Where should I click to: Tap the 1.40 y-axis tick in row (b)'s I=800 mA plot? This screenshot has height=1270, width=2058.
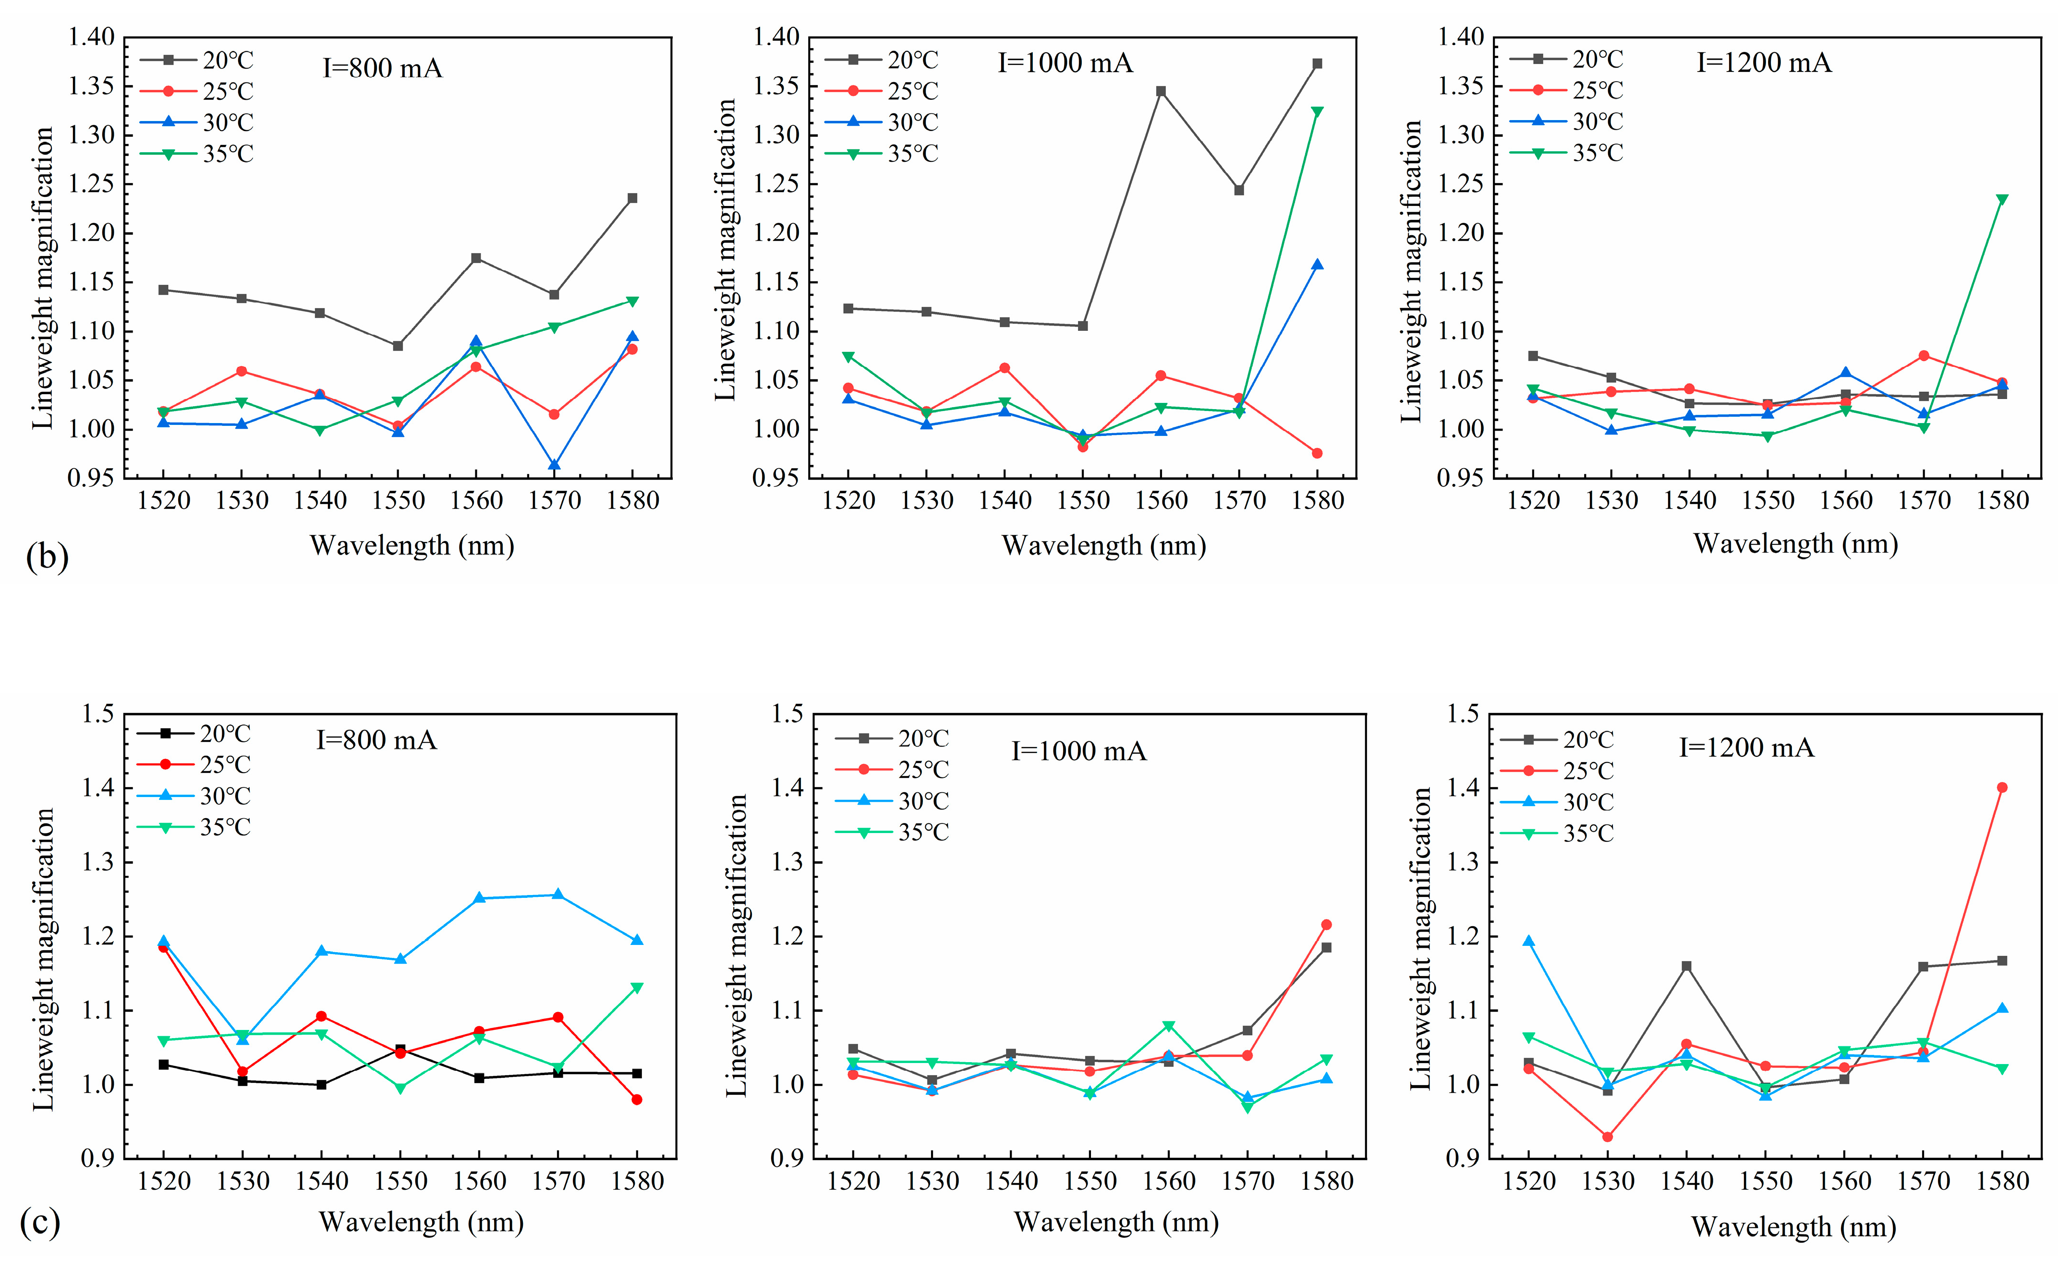(91, 37)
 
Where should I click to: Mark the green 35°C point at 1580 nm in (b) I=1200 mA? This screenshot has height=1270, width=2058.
(2002, 200)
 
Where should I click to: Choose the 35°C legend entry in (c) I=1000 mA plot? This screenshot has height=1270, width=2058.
(892, 833)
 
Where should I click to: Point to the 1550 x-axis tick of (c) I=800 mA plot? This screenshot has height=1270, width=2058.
(400, 1182)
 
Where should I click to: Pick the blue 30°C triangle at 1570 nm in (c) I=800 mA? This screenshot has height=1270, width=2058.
(558, 895)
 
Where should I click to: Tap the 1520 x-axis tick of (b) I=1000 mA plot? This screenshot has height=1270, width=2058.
(848, 501)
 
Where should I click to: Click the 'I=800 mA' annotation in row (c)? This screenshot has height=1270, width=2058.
(376, 740)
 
